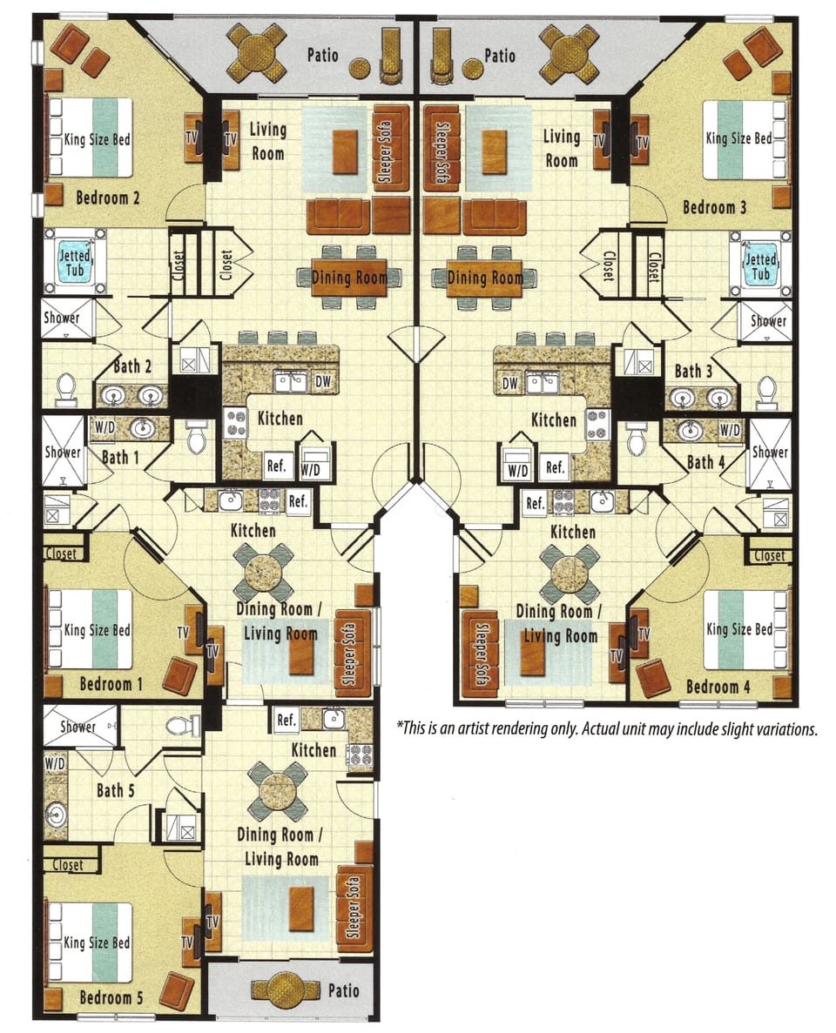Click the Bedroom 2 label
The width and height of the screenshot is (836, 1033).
click(x=108, y=198)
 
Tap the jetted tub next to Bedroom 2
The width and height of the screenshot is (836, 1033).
click(x=75, y=262)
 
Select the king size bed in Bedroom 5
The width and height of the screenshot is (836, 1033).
click(x=91, y=942)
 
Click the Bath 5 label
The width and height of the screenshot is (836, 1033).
click(x=111, y=791)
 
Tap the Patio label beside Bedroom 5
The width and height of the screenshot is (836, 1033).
click(x=344, y=990)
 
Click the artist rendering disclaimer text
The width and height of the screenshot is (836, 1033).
click(x=607, y=728)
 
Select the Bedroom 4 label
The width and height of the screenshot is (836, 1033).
click(x=718, y=687)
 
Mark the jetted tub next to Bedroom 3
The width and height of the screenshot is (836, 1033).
click(x=760, y=262)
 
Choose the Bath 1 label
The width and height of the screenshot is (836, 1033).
click(x=116, y=456)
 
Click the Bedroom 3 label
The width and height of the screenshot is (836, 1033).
click(x=714, y=207)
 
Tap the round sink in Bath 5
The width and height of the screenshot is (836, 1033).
click(x=56, y=815)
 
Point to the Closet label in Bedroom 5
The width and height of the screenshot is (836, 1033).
click(x=68, y=865)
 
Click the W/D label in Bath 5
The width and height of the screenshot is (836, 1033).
click(x=55, y=763)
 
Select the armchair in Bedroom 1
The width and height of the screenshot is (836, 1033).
click(x=180, y=674)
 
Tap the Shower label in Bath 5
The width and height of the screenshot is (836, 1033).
click(x=78, y=726)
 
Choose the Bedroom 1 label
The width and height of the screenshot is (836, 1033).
click(x=111, y=684)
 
